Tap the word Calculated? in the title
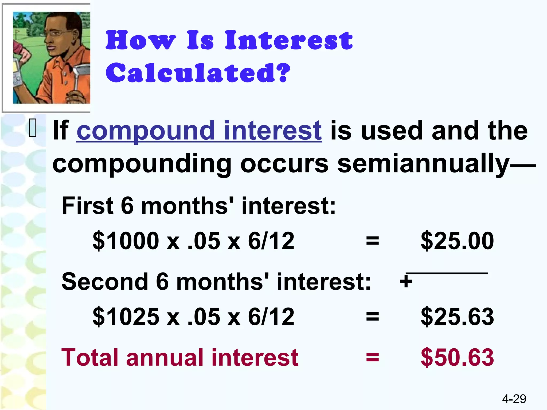[198, 73]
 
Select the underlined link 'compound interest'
[199, 131]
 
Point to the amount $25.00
[457, 241]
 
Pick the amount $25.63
[457, 317]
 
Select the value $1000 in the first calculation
[126, 241]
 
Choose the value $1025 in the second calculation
[126, 317]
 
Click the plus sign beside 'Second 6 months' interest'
[406, 281]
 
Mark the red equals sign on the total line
[372, 357]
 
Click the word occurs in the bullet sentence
[284, 164]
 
